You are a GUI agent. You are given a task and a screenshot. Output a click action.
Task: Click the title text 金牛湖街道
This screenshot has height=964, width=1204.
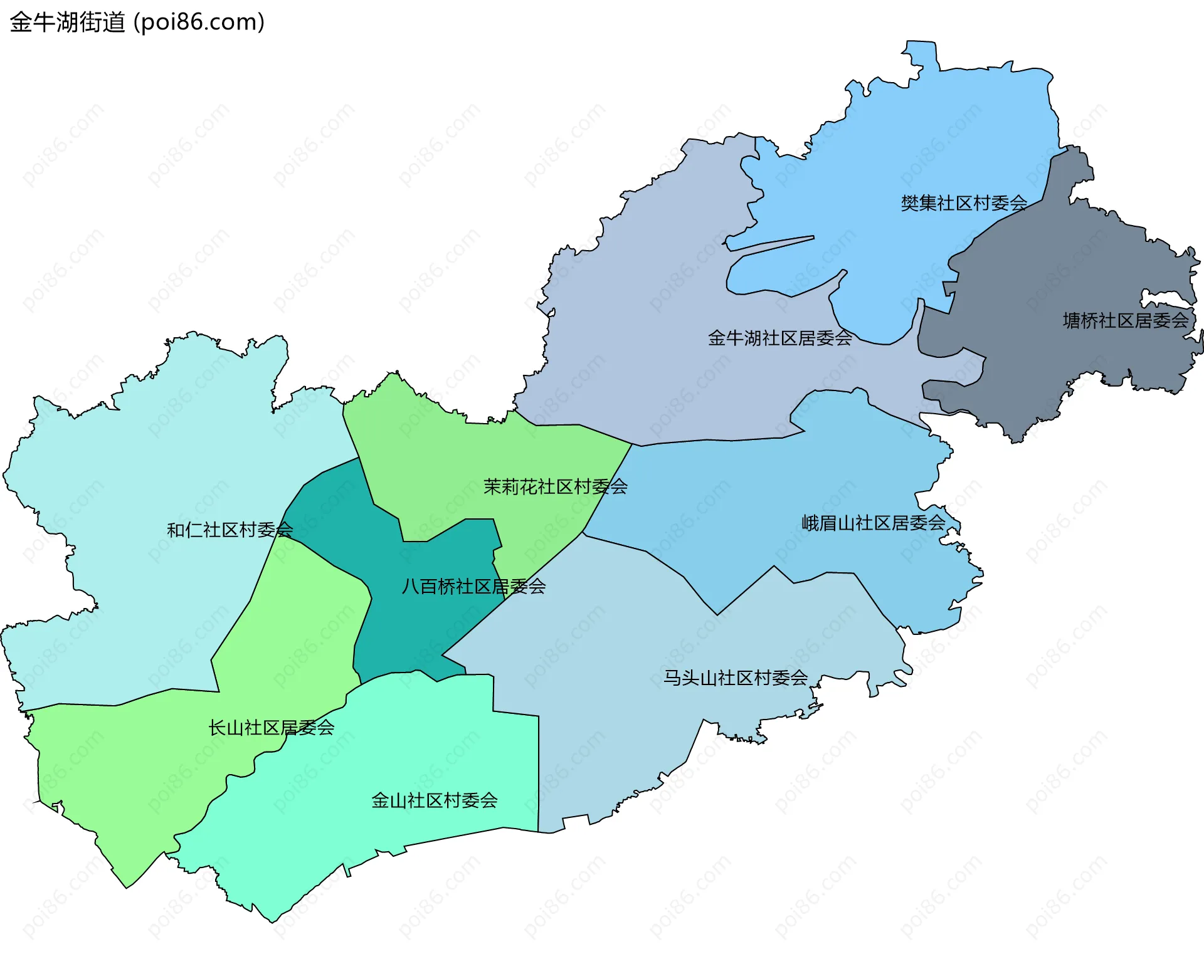[67, 23]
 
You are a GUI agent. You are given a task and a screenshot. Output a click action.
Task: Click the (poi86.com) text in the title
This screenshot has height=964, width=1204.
[199, 23]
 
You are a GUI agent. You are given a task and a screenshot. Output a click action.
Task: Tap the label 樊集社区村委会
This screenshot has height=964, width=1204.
[964, 203]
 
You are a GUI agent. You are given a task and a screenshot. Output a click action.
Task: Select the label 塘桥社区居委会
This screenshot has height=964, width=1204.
[1126, 321]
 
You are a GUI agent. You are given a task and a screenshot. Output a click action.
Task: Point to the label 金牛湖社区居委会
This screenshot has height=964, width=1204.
[779, 338]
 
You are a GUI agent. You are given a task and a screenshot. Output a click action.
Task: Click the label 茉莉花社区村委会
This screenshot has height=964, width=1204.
[555, 487]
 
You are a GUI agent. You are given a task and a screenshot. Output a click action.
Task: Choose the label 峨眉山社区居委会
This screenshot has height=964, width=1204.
[873, 523]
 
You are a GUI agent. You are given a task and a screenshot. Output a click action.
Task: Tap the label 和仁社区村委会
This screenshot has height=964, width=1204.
[230, 530]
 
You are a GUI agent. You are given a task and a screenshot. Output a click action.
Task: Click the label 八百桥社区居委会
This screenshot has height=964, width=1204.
[473, 587]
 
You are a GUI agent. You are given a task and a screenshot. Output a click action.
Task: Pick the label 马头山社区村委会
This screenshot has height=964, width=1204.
[736, 678]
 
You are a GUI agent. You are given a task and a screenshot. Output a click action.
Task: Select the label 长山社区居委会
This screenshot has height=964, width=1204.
[271, 728]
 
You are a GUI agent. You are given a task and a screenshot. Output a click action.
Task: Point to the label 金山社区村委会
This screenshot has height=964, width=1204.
[434, 801]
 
